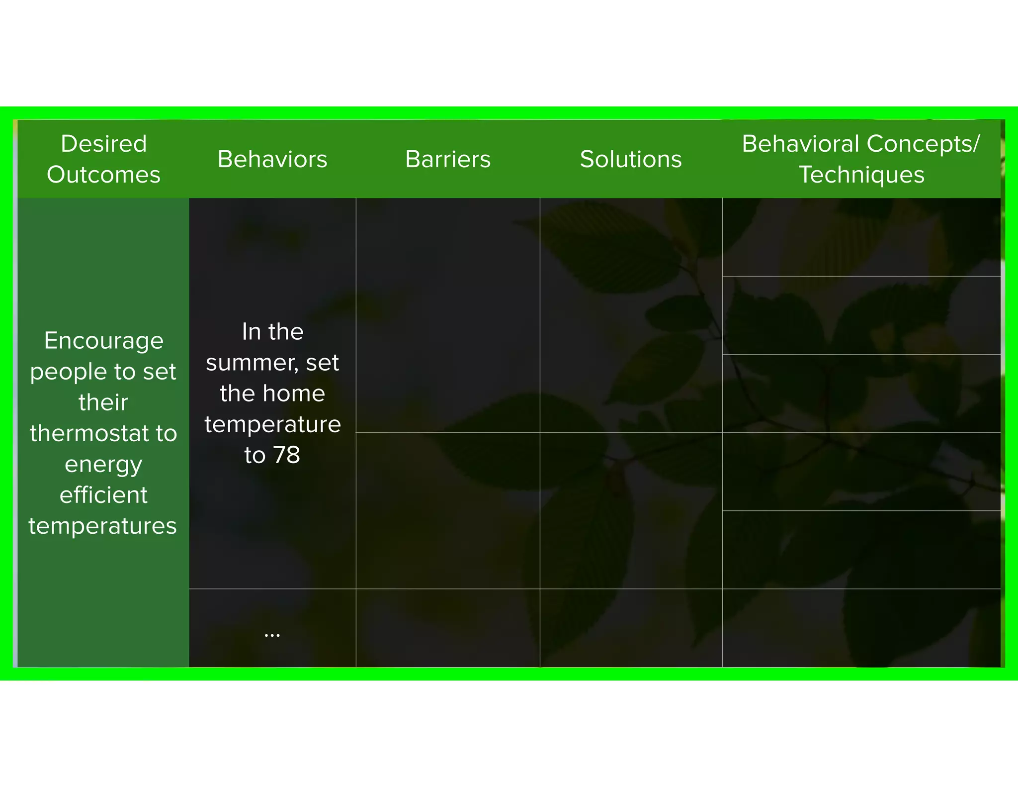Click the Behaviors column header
coord(272,159)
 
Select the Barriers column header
coord(448,159)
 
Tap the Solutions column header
coord(631,159)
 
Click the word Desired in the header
coord(104,144)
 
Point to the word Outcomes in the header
coord(104,175)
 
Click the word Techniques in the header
coord(861,175)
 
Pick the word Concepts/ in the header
coord(923,144)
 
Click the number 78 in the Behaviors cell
coord(287,455)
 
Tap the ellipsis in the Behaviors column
coord(272,635)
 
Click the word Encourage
coord(104,341)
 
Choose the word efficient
coord(104,495)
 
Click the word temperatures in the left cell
coord(103,526)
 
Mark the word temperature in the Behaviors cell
coord(272,424)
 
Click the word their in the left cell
coord(103,402)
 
